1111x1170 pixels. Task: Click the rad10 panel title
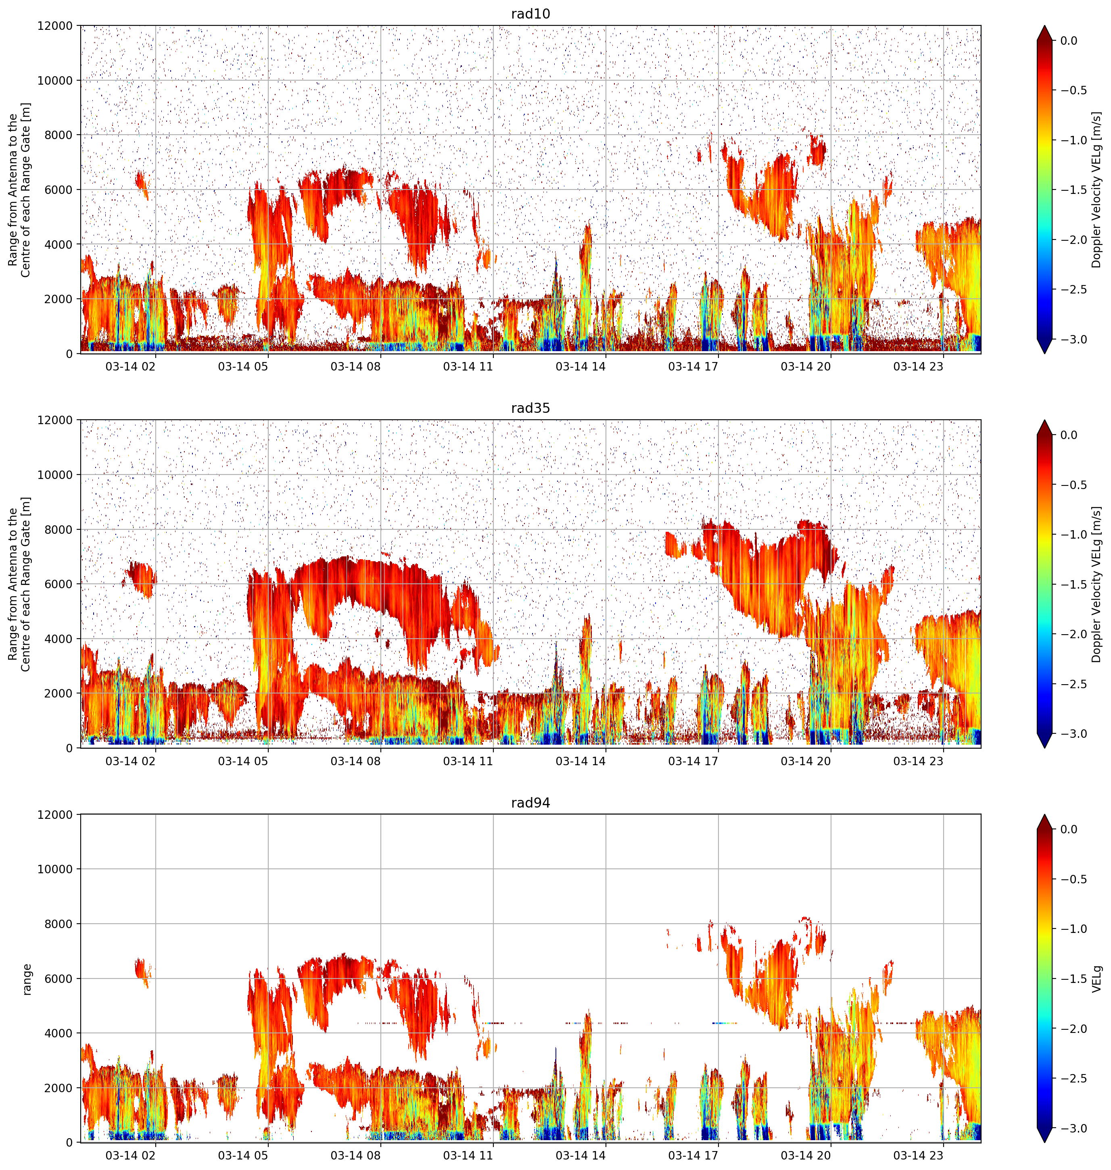click(530, 14)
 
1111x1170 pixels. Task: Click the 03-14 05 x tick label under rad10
click(243, 366)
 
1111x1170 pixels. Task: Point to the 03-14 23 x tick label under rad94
click(918, 1155)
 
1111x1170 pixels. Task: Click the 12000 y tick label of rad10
click(55, 26)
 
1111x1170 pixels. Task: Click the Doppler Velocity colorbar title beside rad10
click(1097, 189)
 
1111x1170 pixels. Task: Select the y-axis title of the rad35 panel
click(19, 584)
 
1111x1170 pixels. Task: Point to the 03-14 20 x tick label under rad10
click(806, 366)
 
